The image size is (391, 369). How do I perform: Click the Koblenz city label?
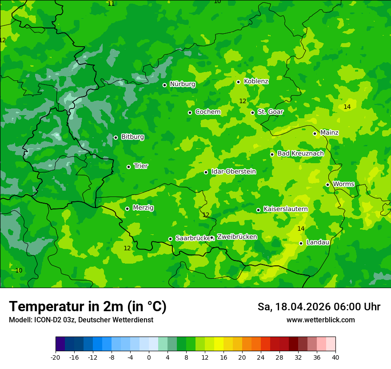(256, 81)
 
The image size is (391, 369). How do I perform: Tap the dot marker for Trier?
(129, 167)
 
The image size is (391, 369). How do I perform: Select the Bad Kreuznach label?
(300, 153)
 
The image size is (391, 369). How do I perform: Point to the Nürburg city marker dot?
(165, 85)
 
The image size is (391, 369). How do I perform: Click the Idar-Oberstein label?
(233, 171)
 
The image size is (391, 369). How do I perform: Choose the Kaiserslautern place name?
(285, 209)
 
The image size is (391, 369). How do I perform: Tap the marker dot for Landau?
(301, 243)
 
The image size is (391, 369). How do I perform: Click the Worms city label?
(343, 184)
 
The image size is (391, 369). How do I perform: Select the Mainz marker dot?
(315, 133)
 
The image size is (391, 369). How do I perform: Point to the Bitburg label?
(132, 137)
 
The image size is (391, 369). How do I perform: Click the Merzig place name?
(143, 208)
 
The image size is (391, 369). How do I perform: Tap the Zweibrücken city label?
(237, 237)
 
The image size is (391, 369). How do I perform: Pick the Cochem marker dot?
(190, 112)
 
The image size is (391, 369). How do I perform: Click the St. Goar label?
(270, 112)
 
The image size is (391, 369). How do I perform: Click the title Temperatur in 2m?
(88, 306)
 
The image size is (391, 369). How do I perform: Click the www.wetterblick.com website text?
(320, 320)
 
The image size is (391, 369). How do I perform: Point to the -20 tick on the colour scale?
(55, 357)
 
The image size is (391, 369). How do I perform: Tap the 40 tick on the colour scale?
(335, 357)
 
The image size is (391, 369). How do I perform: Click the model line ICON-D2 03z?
(81, 320)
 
